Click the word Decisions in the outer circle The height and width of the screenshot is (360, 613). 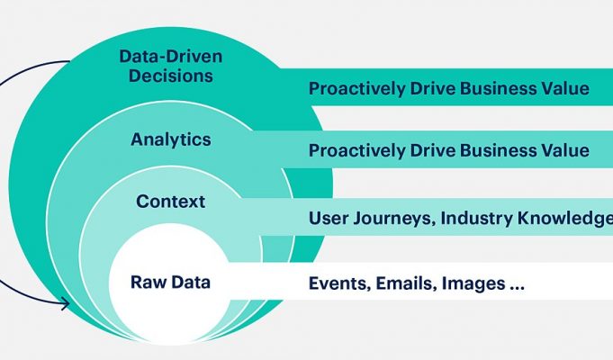[x=171, y=76]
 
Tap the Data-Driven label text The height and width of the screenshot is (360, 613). [x=171, y=57]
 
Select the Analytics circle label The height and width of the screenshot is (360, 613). [x=171, y=139]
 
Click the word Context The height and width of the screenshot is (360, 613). [x=171, y=202]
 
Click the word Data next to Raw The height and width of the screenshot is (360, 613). [x=191, y=283]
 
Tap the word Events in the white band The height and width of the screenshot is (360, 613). [x=339, y=283]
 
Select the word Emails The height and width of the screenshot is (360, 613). [x=406, y=283]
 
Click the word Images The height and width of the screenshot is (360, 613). [x=473, y=284]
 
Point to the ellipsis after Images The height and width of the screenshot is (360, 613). [x=517, y=288]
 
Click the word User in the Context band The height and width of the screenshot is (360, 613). [x=328, y=218]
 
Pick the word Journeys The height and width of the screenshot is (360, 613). [x=393, y=219]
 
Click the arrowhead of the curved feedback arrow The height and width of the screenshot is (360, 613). [x=65, y=303]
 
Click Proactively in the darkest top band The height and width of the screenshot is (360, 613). [x=357, y=89]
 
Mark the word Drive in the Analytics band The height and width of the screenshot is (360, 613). [x=432, y=150]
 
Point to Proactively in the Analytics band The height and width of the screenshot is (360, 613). [x=357, y=151]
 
